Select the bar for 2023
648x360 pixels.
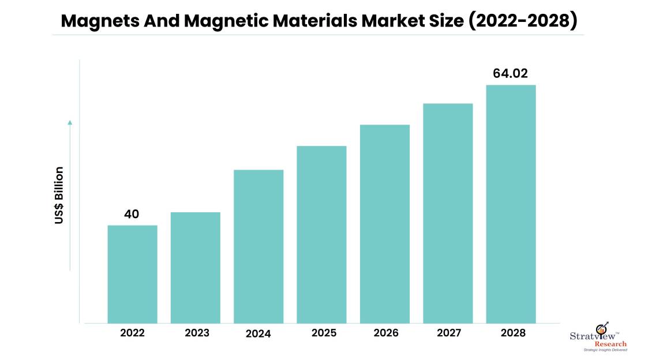pos(195,267)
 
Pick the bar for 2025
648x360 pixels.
pos(321,234)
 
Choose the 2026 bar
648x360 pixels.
pos(384,223)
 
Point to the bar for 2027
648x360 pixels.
pos(448,213)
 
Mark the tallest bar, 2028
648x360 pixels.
pos(511,204)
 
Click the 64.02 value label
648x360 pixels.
pos(510,73)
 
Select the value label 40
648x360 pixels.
pos(132,214)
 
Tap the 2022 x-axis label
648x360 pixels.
pos(132,333)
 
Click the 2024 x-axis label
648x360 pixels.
pos(259,333)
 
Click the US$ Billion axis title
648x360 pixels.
pos(59,195)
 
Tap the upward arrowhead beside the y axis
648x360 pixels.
pos(70,122)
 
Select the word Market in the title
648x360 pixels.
pos(396,22)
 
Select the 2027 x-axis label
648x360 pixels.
pos(448,333)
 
